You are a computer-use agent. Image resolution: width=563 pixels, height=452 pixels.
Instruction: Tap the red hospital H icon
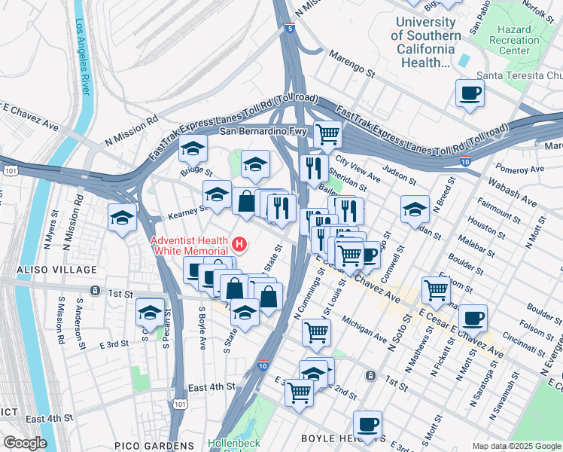(239, 244)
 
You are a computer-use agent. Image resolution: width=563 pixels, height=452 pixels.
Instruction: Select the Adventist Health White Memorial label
(189, 246)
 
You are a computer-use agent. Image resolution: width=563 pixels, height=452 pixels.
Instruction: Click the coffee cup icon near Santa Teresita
(470, 93)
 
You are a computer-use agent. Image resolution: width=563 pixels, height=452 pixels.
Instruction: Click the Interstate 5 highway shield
(291, 28)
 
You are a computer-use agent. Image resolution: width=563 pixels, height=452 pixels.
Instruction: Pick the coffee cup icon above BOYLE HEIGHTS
(367, 424)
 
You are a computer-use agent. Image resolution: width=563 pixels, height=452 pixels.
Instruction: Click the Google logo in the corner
(24, 443)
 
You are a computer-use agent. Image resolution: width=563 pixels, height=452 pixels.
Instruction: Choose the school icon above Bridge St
(193, 149)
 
